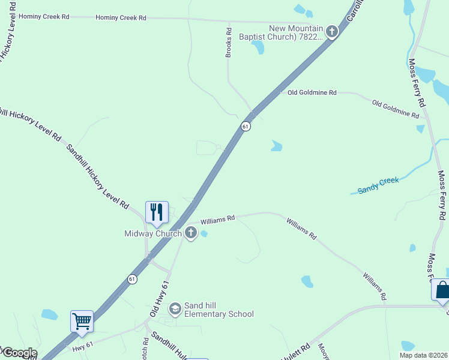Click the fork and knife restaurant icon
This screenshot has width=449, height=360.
(157, 212)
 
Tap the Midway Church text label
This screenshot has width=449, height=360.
(153, 233)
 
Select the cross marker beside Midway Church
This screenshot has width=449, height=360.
(191, 233)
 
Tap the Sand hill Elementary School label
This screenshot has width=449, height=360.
(218, 310)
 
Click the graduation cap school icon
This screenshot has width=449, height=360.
(175, 309)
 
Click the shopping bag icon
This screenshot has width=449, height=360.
(442, 290)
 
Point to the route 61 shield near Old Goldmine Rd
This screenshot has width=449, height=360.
(246, 126)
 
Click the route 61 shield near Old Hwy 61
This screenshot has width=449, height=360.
(132, 279)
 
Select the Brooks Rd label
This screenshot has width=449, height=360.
(228, 43)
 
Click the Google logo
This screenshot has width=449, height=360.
(19, 353)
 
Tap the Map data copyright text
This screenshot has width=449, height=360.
(424, 355)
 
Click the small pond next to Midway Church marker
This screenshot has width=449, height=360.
(204, 233)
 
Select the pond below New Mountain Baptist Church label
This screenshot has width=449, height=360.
(258, 47)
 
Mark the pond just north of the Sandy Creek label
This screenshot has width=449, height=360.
(276, 145)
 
